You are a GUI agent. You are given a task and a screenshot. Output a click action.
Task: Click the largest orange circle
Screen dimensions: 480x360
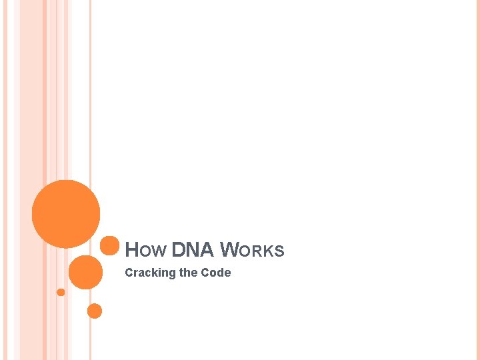coord(66,214)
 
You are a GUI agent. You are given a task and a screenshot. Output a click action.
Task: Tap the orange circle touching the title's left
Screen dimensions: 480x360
coord(109,245)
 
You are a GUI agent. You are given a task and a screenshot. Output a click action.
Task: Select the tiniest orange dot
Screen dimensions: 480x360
coord(61,292)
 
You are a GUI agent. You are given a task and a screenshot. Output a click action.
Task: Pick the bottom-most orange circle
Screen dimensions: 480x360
coord(95,311)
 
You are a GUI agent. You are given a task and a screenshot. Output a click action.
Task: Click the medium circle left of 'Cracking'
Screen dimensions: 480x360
coord(85,272)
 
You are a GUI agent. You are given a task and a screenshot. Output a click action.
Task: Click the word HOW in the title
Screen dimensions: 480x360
coord(146,251)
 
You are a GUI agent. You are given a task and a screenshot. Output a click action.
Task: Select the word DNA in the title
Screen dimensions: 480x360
coord(193,250)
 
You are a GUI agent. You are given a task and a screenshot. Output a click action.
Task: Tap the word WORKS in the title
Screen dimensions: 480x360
coord(252,251)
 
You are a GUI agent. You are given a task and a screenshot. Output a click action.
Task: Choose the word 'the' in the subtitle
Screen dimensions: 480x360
coord(189,273)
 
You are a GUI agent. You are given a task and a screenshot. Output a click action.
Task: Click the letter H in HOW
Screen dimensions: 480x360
coord(131,250)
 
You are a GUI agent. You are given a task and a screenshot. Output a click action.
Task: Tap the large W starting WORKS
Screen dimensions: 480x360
coord(229,250)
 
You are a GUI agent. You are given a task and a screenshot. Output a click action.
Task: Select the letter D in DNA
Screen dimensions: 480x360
coord(178,250)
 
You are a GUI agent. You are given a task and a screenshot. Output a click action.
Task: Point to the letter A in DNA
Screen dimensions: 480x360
coord(207,250)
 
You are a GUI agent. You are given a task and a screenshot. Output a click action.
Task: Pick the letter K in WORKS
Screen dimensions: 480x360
coord(271,252)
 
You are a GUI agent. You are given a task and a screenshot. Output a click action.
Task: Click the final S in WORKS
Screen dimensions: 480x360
coord(280,252)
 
